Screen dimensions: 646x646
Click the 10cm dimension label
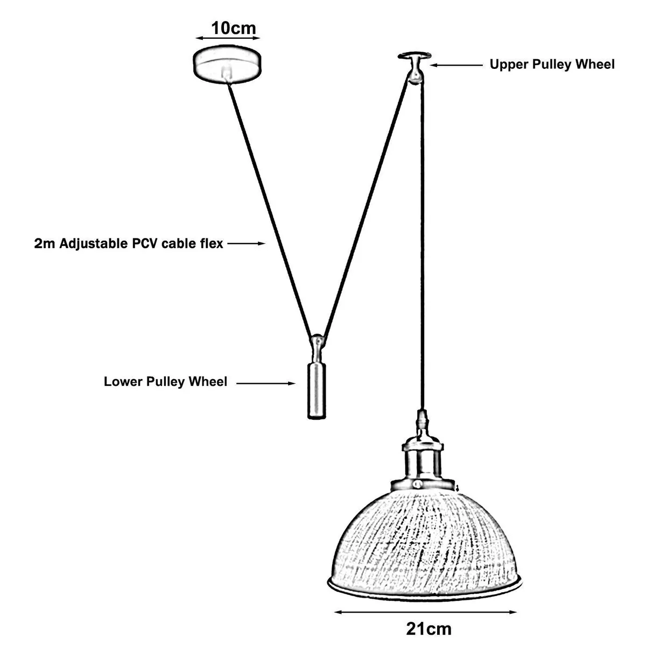click(233, 28)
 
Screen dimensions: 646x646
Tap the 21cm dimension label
click(429, 629)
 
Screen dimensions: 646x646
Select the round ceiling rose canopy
click(227, 64)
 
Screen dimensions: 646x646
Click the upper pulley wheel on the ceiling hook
click(415, 78)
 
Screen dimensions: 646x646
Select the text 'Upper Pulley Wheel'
click(552, 65)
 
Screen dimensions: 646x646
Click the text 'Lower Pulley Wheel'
click(165, 382)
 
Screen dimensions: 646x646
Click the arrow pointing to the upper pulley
click(457, 65)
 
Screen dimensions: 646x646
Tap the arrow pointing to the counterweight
click(266, 383)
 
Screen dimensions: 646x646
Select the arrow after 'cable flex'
click(247, 244)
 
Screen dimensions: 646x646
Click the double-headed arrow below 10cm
click(228, 38)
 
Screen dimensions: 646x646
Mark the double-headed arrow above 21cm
click(426, 612)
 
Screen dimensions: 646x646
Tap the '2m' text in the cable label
click(45, 244)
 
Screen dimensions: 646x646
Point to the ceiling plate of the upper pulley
click(415, 55)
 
